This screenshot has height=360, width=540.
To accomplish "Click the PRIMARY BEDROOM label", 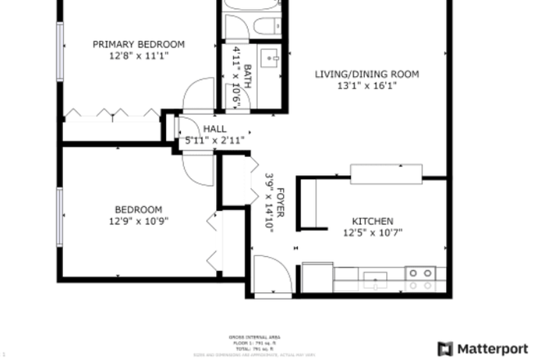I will pos(138,44).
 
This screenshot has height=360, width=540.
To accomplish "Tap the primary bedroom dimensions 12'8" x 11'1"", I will pos(138,56).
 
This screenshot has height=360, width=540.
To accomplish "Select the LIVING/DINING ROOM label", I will pos(367,74).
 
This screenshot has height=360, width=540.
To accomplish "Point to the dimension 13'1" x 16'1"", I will pos(367,86).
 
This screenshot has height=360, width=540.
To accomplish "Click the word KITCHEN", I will pos(372,221).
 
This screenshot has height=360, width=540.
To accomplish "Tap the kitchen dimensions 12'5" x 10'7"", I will pos(372,232).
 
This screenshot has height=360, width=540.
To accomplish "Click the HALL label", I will pos(214,128).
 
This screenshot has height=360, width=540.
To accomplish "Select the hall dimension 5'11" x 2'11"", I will pos(214,140).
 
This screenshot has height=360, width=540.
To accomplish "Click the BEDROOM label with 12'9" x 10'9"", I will pos(138,209).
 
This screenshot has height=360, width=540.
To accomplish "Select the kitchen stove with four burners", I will pos(421,278).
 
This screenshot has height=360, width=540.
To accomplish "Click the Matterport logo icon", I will pos(445,349).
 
